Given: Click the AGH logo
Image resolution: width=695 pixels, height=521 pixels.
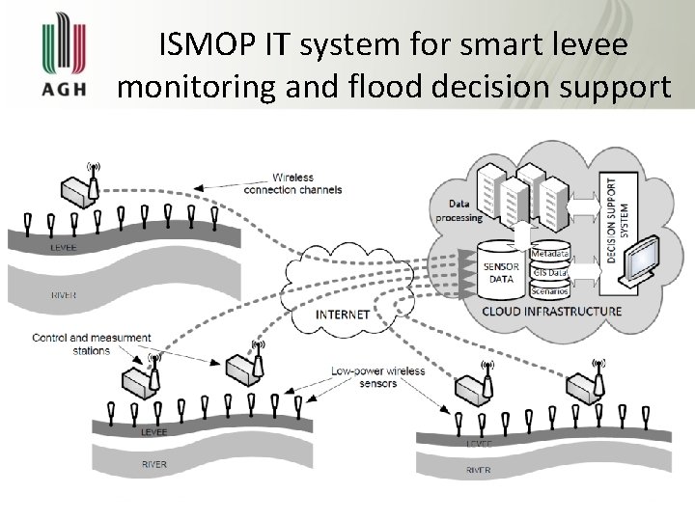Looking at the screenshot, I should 64,58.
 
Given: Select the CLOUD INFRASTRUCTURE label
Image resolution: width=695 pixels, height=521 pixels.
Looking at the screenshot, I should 551,312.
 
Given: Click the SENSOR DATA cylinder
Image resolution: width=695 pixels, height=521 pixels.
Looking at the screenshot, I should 501,269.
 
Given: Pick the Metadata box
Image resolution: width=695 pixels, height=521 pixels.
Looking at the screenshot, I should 550,254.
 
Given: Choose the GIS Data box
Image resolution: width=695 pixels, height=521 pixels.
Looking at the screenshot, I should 550,273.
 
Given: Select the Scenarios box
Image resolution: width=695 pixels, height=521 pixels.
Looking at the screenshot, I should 550,291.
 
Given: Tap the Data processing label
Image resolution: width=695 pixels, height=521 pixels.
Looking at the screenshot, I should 465,210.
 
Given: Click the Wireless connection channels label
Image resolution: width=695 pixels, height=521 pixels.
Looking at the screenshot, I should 306,183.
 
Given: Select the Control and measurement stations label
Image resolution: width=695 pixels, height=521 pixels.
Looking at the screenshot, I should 91,343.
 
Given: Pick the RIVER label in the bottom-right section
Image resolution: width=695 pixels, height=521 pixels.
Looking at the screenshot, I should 480,470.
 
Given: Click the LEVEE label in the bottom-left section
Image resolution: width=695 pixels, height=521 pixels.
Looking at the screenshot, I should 153,432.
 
